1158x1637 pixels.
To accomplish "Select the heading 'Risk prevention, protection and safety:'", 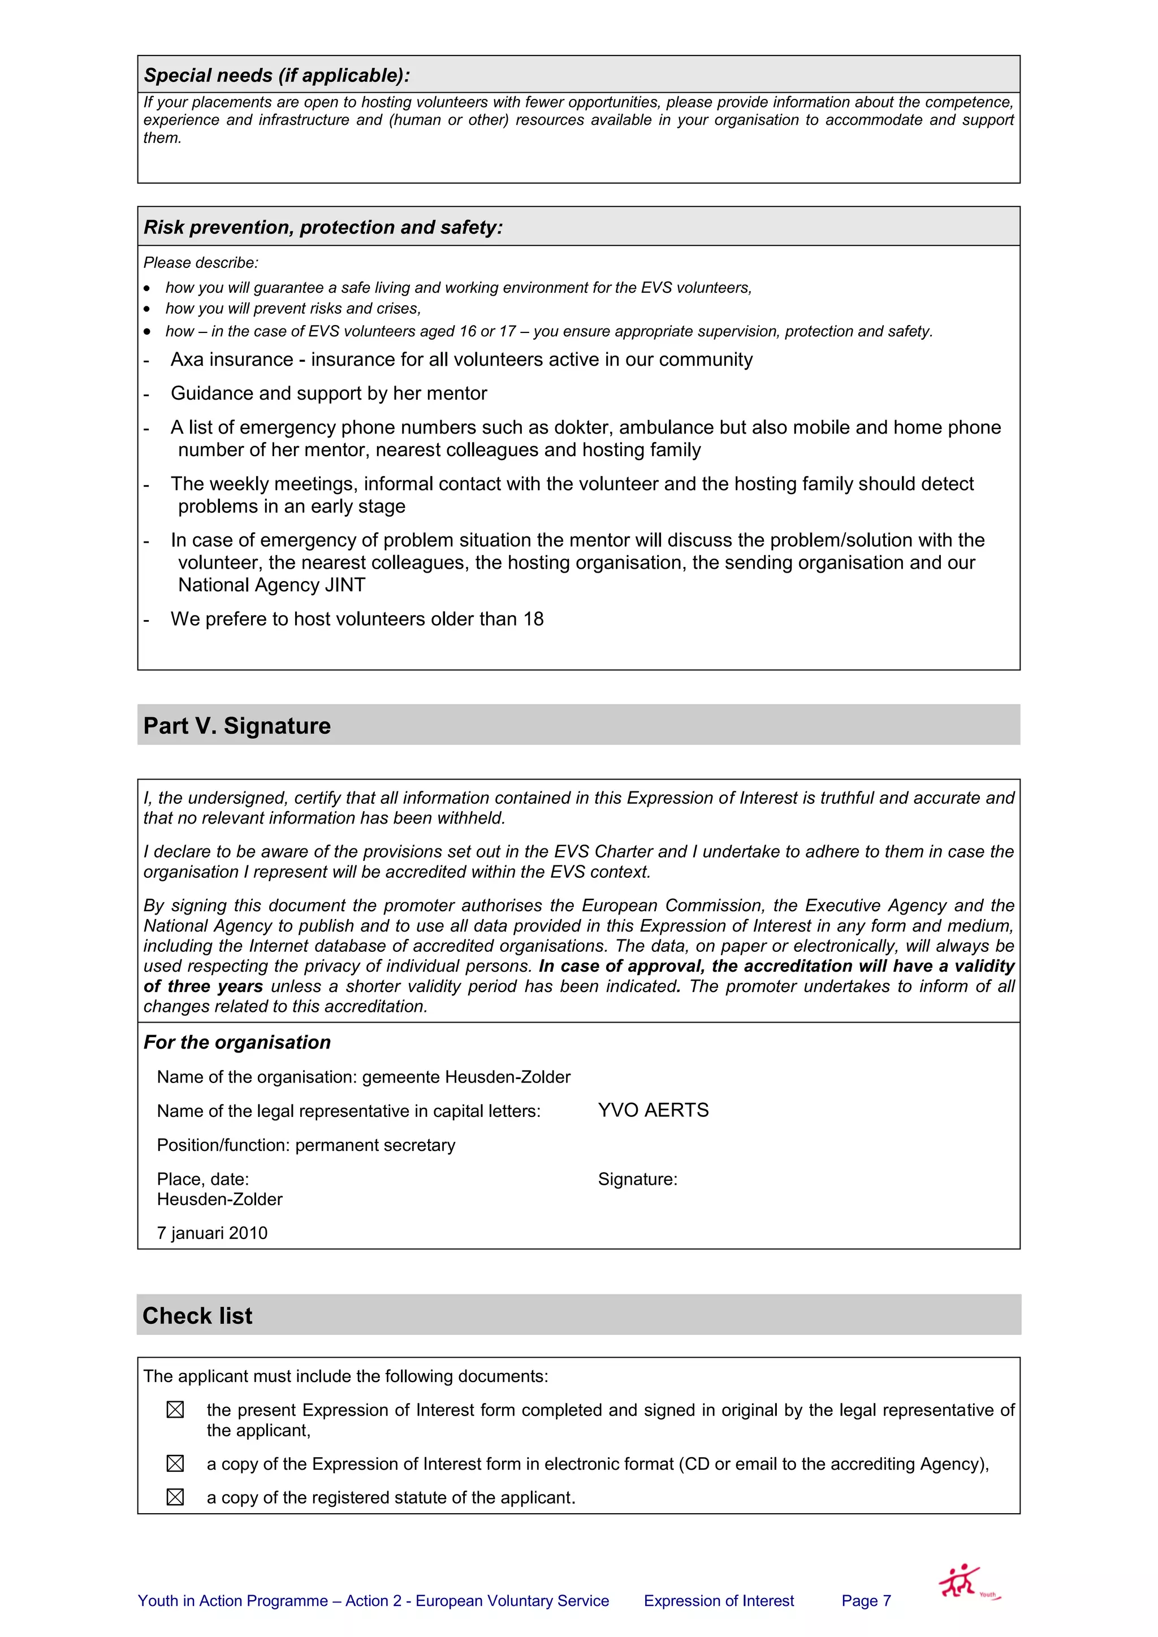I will point(323,227).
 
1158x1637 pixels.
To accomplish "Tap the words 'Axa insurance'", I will point(232,360).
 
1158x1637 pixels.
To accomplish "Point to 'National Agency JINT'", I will point(271,586).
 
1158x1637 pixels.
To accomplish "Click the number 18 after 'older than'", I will point(533,620).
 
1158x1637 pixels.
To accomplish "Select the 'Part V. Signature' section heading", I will point(237,726).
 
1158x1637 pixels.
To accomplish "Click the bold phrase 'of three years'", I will point(203,987).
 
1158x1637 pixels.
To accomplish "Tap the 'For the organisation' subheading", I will point(237,1042).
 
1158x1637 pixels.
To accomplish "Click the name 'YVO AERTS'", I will point(653,1111).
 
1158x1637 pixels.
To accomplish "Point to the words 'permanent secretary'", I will point(375,1146).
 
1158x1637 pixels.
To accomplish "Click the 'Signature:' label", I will point(637,1180).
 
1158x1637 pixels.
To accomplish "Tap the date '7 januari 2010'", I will point(212,1233).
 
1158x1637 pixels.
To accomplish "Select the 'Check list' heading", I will point(197,1316).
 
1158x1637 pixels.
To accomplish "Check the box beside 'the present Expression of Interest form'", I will point(175,1410).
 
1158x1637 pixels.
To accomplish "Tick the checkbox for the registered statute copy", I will point(175,1498).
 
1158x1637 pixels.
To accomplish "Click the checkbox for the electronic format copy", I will point(175,1463).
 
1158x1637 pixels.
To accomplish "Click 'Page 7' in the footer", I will point(866,1601).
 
